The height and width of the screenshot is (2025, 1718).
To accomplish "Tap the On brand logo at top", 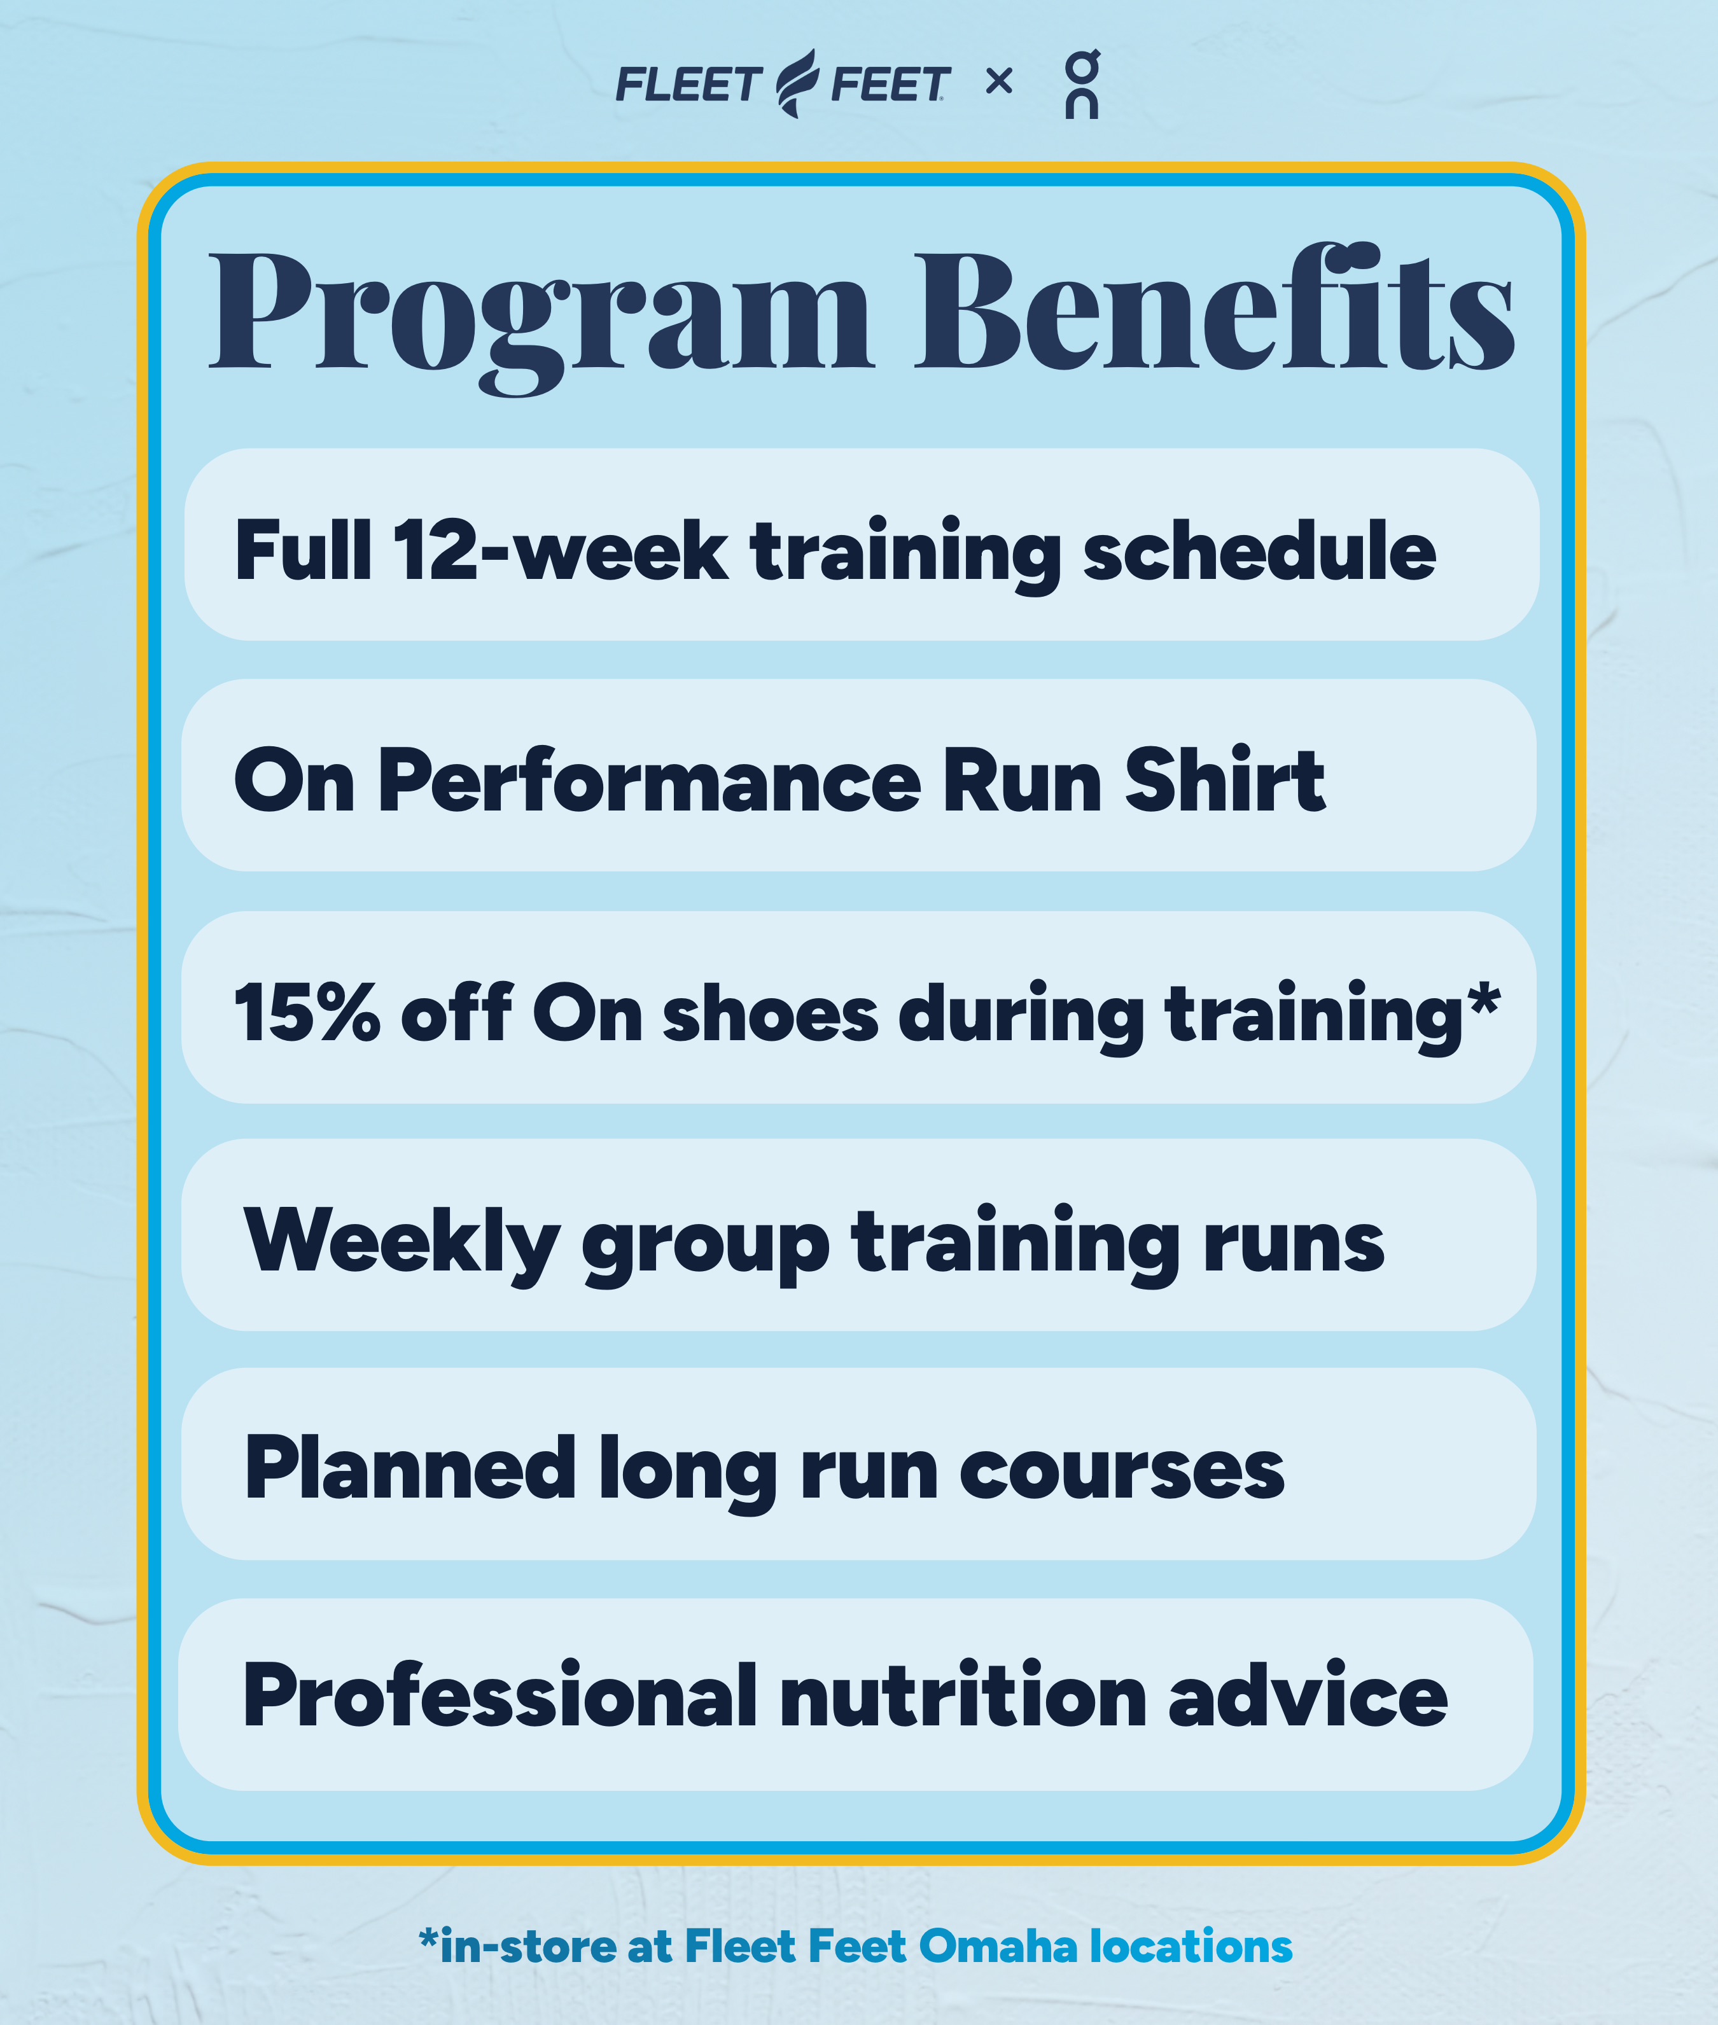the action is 1082,84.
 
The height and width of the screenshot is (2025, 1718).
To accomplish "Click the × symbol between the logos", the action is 999,82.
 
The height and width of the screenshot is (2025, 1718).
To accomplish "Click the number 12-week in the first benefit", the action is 561,551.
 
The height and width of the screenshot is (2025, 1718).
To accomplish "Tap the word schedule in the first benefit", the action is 1259,551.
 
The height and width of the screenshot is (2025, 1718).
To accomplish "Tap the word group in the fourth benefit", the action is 706,1247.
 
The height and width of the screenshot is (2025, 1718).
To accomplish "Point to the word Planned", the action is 410,1468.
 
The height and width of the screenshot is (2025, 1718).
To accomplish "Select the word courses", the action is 1122,1472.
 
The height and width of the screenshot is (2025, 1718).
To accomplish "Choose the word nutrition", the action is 963,1697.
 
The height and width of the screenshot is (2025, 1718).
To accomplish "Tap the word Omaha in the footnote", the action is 997,1946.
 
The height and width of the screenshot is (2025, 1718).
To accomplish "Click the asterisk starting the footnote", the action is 428,1939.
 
